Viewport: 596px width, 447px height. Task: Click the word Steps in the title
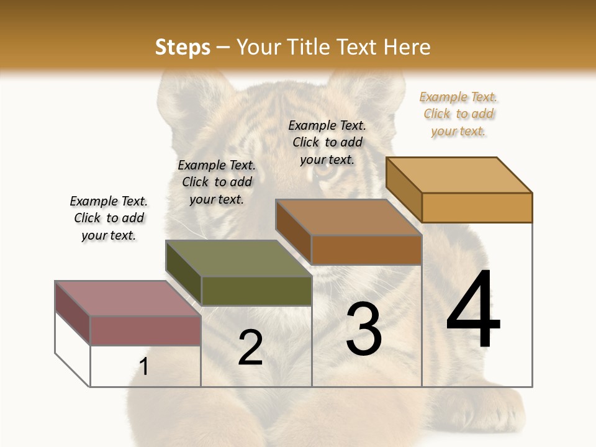click(x=183, y=47)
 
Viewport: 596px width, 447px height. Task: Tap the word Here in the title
click(x=407, y=47)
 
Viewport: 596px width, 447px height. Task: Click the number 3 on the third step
click(x=364, y=329)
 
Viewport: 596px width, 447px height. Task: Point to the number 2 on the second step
click(x=250, y=348)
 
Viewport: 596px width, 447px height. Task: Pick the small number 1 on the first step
click(x=144, y=367)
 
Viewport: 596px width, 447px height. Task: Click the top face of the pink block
click(x=127, y=299)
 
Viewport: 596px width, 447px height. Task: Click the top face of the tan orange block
click(x=459, y=175)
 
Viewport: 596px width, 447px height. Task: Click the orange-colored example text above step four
click(x=458, y=114)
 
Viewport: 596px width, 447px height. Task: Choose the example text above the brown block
click(x=327, y=142)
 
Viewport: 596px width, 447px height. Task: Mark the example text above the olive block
click(x=217, y=182)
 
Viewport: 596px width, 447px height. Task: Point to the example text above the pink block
click(x=109, y=218)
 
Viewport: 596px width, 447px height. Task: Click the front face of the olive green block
click(x=256, y=291)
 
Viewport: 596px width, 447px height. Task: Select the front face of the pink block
click(x=145, y=330)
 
